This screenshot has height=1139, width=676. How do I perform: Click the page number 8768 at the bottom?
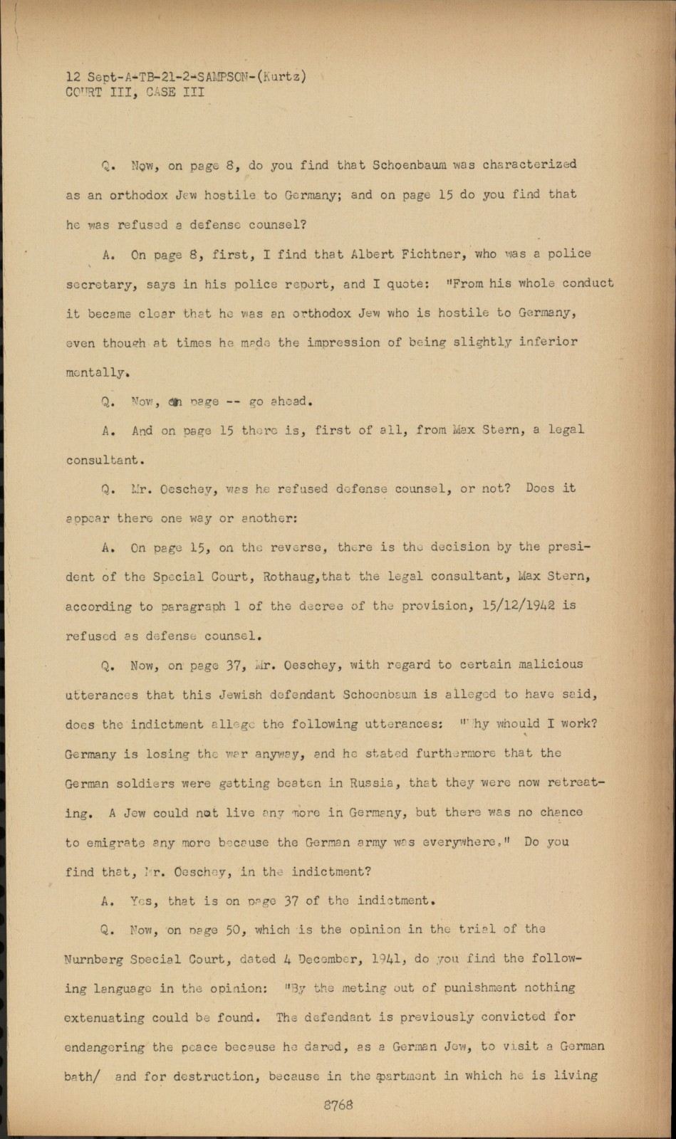click(x=338, y=1106)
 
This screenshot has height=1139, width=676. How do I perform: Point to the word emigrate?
click(x=116, y=843)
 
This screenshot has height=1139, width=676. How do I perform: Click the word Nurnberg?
click(x=95, y=959)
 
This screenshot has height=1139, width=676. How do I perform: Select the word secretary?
click(x=100, y=284)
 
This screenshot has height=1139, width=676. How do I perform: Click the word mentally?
click(x=97, y=372)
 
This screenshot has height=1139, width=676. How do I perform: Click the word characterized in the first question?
click(x=529, y=164)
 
